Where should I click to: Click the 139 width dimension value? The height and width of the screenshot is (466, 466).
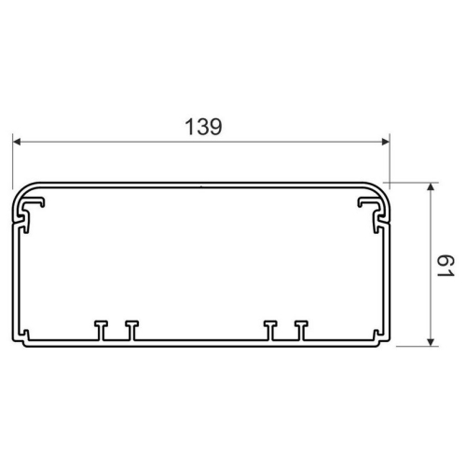coord(203,127)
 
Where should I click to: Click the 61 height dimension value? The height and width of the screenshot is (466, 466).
coord(446,266)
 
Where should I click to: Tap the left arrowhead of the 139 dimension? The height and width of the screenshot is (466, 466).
coord(17,142)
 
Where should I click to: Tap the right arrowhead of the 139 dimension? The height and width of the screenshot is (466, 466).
coord(385,142)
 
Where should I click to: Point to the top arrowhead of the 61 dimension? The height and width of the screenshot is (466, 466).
coord(431,186)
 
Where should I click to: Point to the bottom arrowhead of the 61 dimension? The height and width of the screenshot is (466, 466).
coord(431,342)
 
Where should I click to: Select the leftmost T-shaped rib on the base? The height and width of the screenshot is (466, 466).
coord(101,330)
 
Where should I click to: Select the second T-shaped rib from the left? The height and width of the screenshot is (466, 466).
coord(132,330)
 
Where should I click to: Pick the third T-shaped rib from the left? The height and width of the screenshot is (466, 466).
coord(270,330)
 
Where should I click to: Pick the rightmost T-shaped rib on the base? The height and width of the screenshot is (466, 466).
coord(301,330)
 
